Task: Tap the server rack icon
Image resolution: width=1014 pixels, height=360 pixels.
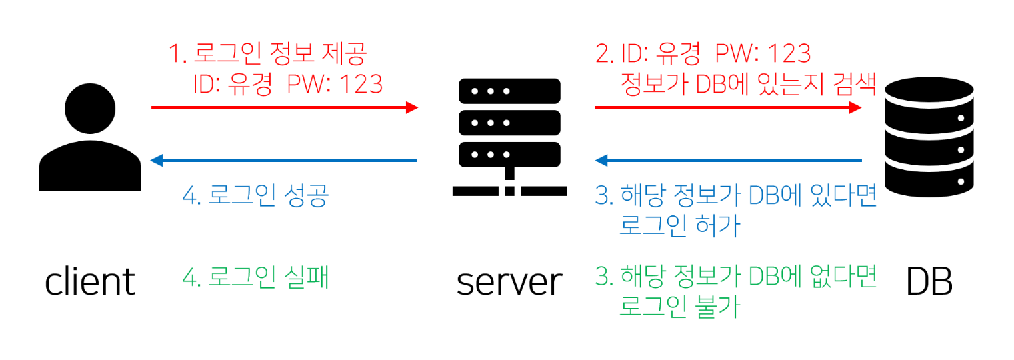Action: [510, 137]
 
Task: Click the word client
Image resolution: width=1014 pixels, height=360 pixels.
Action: [90, 282]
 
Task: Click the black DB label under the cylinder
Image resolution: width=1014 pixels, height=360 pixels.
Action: [929, 282]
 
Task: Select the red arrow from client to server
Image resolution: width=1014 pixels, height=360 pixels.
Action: [285, 107]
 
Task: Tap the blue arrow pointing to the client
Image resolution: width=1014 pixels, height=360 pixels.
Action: [285, 160]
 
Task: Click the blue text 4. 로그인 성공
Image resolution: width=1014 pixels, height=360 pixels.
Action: [255, 197]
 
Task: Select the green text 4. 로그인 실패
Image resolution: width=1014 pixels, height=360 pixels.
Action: [255, 277]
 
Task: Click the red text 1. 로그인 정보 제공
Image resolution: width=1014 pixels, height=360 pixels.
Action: [267, 53]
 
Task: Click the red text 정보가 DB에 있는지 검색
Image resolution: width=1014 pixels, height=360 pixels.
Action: [747, 85]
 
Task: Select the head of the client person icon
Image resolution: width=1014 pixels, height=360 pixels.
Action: [90, 108]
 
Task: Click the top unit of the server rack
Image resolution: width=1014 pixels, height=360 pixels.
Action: [510, 90]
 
